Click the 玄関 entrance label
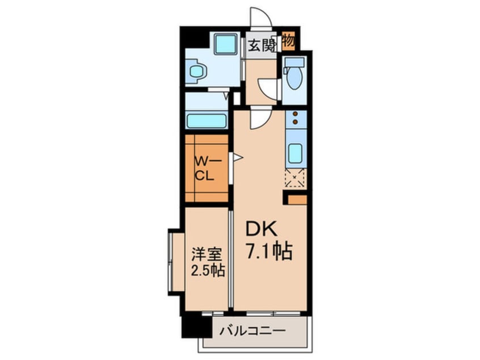click(x=260, y=46)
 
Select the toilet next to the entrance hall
click(x=294, y=77)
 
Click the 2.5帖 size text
click(x=207, y=270)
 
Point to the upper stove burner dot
click(x=296, y=115)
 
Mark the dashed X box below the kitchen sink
click(x=295, y=179)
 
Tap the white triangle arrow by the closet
click(x=238, y=157)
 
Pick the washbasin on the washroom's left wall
click(x=197, y=72)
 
